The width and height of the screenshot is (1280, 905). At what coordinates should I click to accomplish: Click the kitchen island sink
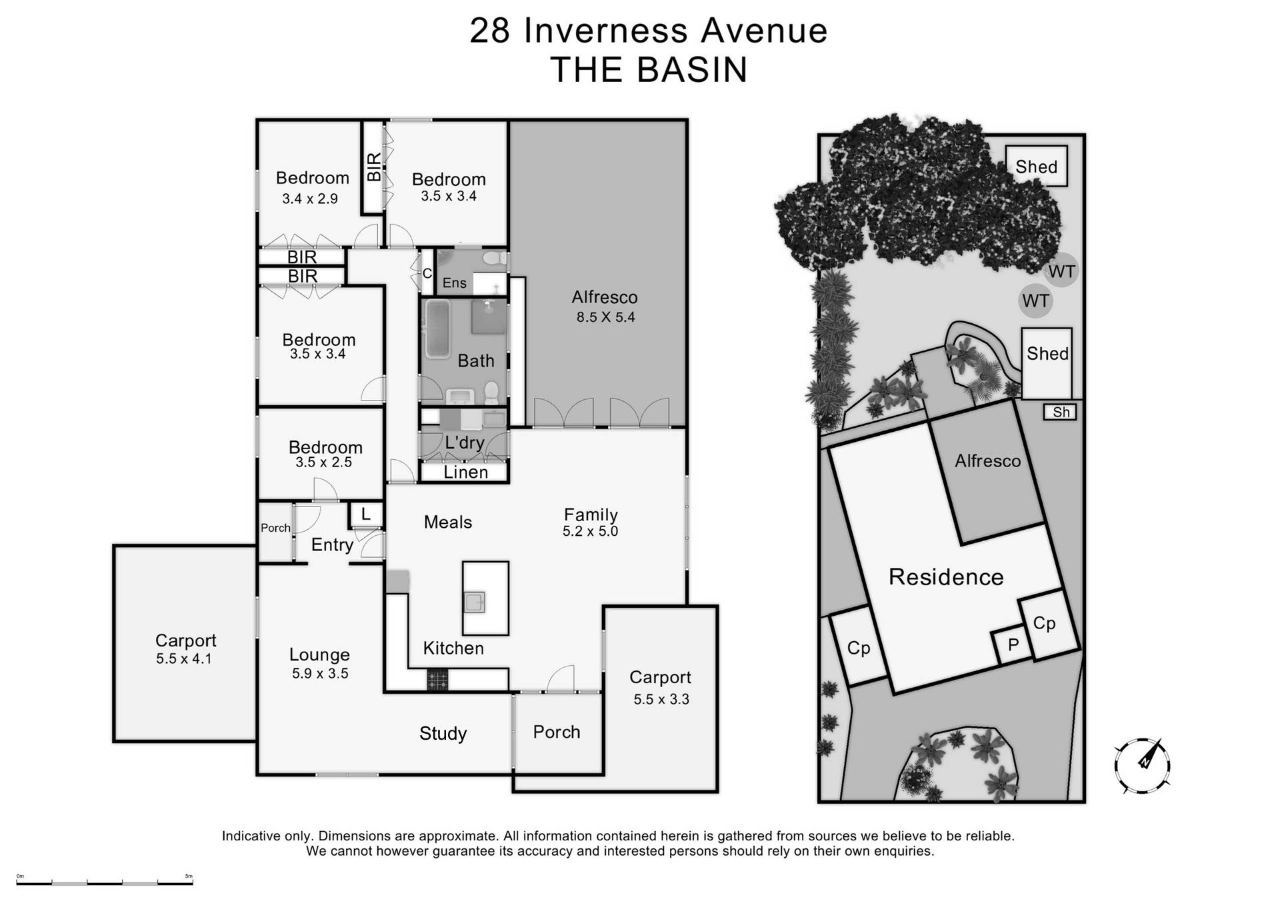[x=474, y=602]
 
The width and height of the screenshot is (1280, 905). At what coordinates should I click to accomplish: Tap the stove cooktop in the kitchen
[x=437, y=680]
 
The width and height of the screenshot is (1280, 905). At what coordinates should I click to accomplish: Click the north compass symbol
[x=1142, y=766]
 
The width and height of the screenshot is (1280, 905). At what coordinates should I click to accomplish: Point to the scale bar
[x=105, y=882]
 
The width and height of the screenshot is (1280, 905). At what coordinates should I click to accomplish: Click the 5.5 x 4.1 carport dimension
[x=184, y=659]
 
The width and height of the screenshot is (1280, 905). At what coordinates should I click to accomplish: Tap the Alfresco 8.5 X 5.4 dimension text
[x=605, y=317]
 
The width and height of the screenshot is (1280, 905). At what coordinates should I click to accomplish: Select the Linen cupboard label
[x=465, y=472]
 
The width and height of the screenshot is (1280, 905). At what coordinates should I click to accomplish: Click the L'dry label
[x=464, y=443]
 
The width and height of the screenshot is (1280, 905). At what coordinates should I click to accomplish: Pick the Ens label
[x=454, y=283]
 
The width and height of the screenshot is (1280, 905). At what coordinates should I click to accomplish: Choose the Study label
[x=443, y=734]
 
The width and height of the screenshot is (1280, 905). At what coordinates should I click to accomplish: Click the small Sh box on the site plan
[x=1060, y=413]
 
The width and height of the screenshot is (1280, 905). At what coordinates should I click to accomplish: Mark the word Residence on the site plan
[x=946, y=577]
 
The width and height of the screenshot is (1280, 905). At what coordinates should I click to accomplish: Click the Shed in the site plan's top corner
[x=1036, y=167]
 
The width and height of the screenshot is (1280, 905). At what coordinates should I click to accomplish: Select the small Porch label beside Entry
[x=275, y=528]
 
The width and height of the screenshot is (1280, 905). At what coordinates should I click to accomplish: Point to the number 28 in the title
[x=490, y=31]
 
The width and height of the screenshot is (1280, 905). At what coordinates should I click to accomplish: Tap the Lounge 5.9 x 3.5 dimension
[x=320, y=674]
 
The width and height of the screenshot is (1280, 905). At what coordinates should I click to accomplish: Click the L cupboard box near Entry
[x=365, y=514]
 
